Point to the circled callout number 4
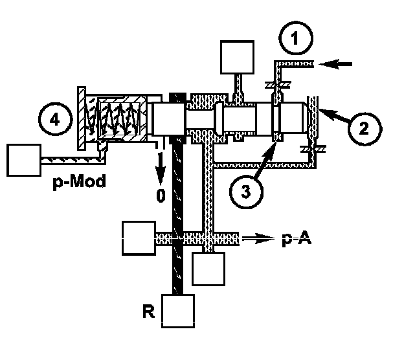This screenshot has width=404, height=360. pos(56,120)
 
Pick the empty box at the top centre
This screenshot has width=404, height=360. pos(237,58)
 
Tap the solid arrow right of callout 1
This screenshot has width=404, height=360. pos(340,64)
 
